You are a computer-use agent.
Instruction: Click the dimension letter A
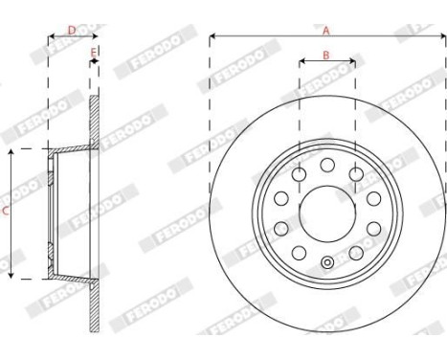point(327,30)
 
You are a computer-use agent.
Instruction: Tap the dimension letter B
point(326,55)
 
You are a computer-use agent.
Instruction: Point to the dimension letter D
point(71,30)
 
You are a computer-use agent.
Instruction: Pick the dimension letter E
point(93,52)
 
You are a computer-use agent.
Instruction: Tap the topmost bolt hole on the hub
point(327,165)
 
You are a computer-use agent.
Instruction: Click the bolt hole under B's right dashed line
point(356,173)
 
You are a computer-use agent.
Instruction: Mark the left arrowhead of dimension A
point(212,37)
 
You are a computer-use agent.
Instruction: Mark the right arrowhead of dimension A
point(442,37)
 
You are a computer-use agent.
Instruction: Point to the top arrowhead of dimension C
point(11,152)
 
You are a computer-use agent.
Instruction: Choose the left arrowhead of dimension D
point(51,37)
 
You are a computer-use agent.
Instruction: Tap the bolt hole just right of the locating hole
point(356,251)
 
